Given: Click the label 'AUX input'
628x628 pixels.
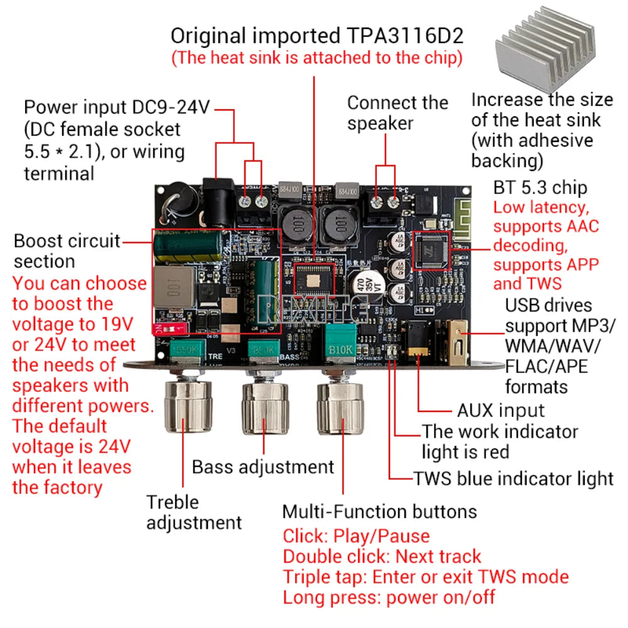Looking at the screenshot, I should [501, 411].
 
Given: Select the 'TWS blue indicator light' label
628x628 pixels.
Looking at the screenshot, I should [513, 479].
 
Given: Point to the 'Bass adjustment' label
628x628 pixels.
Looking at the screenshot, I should [263, 467].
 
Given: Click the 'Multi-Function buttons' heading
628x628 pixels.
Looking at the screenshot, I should [379, 511].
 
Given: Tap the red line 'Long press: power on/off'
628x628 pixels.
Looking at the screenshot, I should [389, 597].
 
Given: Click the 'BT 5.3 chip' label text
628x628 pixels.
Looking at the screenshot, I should [540, 187].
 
